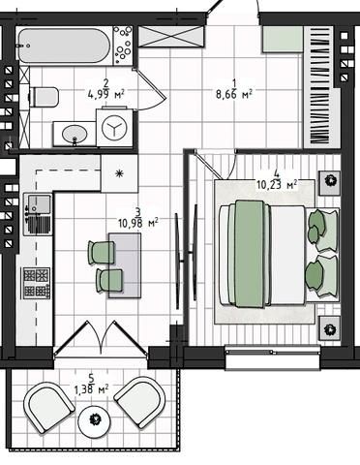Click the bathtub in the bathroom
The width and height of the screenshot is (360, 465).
point(64,46)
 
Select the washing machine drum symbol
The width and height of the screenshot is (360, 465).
point(114,127)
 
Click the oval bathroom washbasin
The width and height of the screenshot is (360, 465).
point(75,134)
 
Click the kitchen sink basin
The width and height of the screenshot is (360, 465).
point(39,204)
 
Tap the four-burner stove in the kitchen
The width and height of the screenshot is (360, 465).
point(37,283)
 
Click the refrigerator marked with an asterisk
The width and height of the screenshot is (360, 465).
point(119,173)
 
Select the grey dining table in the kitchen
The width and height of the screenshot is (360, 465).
point(125,265)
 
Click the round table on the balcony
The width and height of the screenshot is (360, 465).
point(95,419)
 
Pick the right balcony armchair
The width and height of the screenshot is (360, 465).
point(140,403)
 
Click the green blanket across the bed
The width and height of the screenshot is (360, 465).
point(249,254)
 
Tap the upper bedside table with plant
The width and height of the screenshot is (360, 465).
point(330,183)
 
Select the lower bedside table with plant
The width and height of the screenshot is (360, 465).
point(330,328)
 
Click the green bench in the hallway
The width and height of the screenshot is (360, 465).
point(283,39)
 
